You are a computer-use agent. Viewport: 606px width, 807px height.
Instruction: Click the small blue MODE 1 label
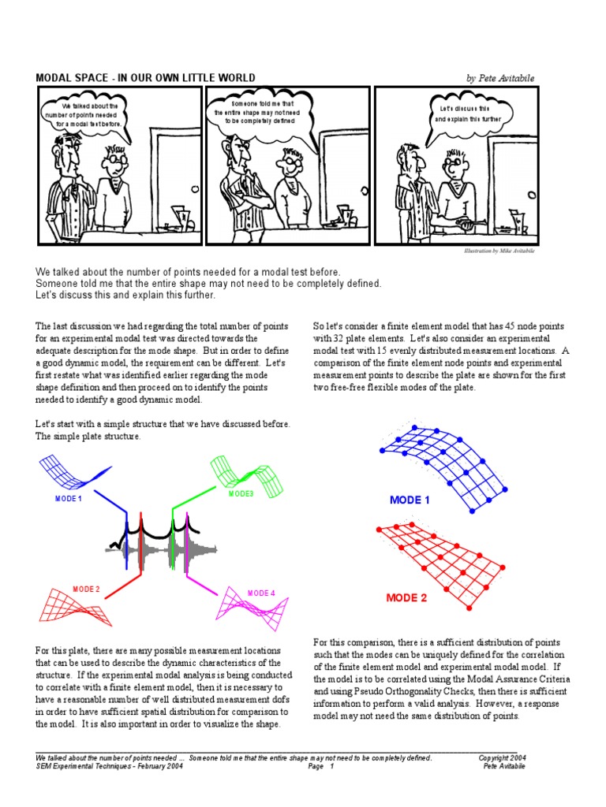[69, 499]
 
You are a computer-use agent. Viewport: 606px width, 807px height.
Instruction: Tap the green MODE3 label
[241, 493]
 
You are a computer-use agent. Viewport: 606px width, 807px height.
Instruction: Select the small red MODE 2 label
[86, 589]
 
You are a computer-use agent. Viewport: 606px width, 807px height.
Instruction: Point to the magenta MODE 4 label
[261, 593]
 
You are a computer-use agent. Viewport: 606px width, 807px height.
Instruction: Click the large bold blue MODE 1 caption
[410, 500]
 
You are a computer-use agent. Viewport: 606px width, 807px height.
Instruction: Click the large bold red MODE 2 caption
[406, 598]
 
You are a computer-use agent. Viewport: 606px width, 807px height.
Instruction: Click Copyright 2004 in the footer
[502, 758]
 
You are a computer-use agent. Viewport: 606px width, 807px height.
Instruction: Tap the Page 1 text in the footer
[321, 766]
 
